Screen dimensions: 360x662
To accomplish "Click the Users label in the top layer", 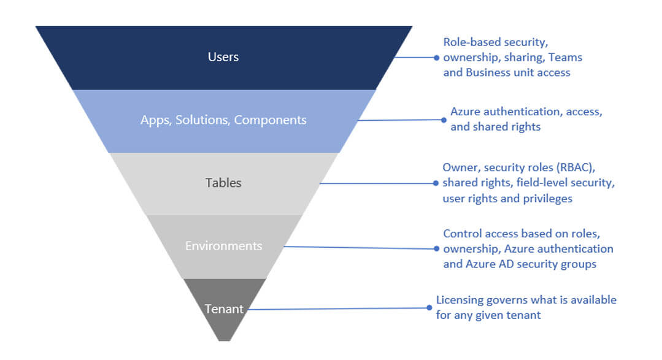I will [x=223, y=57].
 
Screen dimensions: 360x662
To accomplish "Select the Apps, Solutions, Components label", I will [x=223, y=120].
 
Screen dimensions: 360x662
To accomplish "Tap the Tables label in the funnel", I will [x=223, y=183].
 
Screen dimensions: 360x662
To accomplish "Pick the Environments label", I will [x=223, y=246].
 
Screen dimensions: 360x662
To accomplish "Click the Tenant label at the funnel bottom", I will [x=223, y=309].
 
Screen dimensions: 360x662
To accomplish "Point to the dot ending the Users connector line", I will [x=436, y=57].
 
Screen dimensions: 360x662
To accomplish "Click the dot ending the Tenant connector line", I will [x=429, y=307].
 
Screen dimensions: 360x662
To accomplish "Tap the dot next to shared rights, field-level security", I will [x=436, y=183].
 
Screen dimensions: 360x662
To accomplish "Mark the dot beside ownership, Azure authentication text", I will [x=436, y=249].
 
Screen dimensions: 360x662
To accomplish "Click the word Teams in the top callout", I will [x=565, y=57].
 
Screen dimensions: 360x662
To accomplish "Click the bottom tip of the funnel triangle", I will [x=225, y=340].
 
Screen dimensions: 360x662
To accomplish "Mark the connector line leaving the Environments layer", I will [x=359, y=248].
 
